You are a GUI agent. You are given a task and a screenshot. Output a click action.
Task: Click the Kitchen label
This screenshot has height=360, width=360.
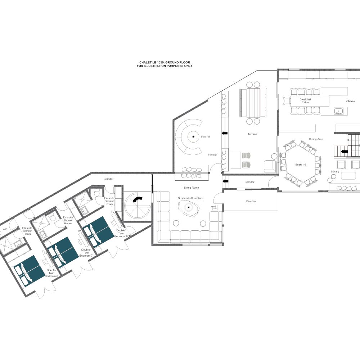point(350,101)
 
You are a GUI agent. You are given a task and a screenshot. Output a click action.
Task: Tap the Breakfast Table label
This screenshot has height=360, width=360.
point(305,101)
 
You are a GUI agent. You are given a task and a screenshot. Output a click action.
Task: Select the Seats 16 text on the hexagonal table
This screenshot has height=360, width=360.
point(301,165)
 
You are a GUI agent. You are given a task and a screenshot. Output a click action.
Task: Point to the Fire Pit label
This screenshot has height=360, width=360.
point(205,136)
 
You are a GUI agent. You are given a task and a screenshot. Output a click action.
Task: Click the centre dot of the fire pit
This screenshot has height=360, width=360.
point(193,137)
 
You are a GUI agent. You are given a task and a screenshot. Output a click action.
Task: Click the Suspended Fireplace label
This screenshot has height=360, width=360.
point(190,198)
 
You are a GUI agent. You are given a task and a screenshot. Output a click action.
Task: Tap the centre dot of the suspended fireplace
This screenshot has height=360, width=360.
point(189,207)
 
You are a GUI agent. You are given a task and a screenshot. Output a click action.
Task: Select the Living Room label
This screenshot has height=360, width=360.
point(191,188)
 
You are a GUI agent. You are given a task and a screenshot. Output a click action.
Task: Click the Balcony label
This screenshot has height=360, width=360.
point(251,201)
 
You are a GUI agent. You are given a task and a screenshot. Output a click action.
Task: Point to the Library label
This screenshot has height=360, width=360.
point(335,171)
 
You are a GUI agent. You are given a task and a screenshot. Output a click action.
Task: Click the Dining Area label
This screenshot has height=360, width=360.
point(316,139)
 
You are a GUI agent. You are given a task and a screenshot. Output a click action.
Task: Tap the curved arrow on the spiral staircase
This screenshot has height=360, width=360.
point(138,200)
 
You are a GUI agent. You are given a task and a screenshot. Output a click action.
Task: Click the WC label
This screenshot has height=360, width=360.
point(5,229)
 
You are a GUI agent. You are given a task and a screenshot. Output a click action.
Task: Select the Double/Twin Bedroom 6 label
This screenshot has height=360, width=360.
point(121,233)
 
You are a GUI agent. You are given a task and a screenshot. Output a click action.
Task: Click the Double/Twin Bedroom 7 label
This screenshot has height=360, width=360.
point(86,253)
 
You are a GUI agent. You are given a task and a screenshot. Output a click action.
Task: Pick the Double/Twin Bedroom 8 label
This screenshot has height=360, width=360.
point(51,273)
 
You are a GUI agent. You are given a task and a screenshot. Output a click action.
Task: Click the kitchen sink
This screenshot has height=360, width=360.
point(338,111)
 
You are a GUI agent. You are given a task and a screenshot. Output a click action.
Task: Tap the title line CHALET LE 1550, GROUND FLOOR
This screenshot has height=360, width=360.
point(165,62)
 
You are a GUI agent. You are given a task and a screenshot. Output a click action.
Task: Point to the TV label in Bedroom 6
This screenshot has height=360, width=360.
point(112,212)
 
